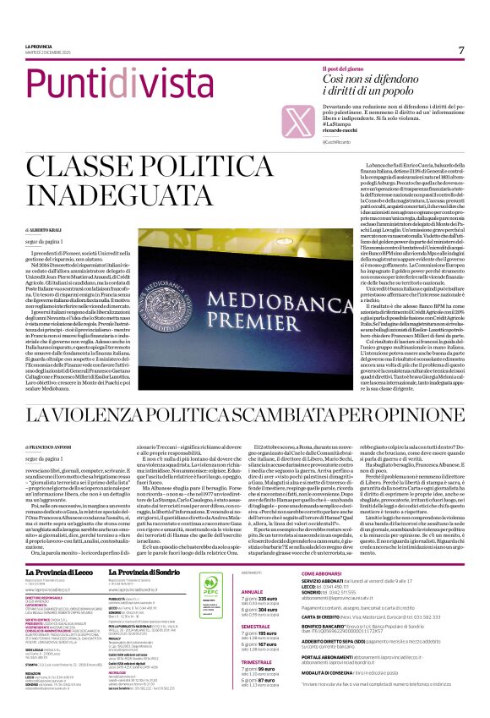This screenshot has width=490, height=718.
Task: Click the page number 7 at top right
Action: (461, 50)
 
